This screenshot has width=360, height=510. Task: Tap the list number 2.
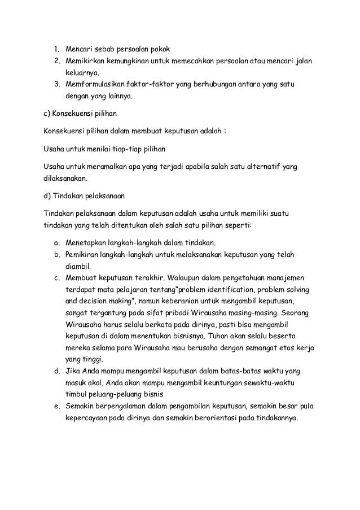[x=57, y=60]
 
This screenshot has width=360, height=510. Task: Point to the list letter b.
[x=57, y=255]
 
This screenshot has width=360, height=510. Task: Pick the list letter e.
[x=57, y=407]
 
